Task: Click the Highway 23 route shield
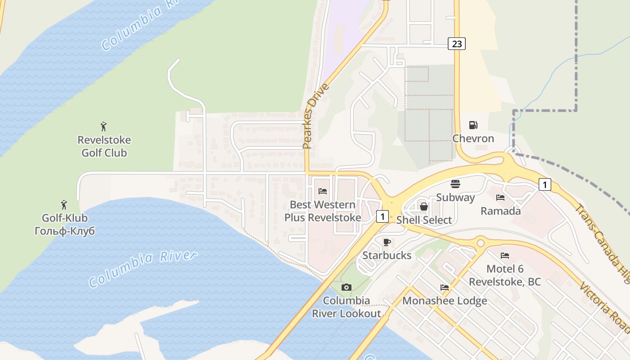(456, 44)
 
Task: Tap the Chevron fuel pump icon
(473, 125)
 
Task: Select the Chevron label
(473, 138)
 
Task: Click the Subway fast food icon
(455, 184)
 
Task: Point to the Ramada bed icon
(500, 198)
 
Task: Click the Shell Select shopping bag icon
(423, 207)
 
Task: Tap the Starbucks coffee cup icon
(387, 242)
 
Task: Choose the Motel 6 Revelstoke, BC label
(505, 275)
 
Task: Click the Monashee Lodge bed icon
(445, 288)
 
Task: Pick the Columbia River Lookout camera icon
(346, 287)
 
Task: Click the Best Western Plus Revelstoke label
(323, 211)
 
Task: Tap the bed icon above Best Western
(322, 191)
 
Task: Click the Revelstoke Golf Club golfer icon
(104, 126)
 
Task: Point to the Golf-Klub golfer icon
(64, 205)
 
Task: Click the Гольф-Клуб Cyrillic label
(65, 231)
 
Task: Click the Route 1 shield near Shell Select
(382, 216)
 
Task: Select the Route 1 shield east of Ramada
(544, 184)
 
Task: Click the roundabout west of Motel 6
(480, 243)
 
